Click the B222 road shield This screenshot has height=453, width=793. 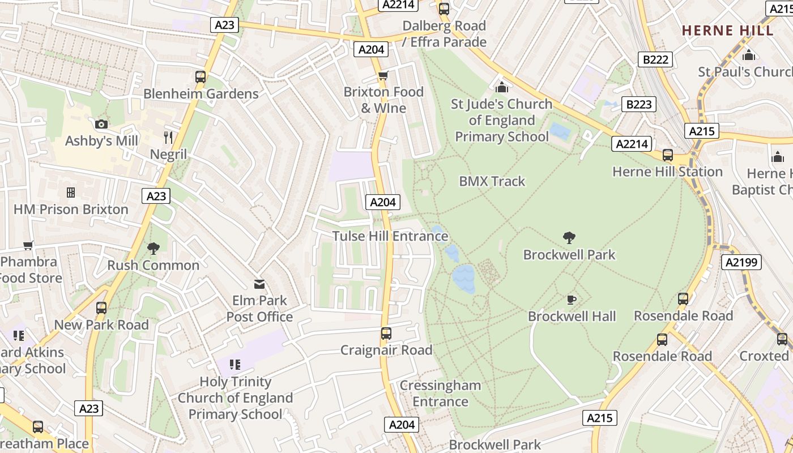[x=656, y=59]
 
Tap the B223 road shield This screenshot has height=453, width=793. [x=638, y=104]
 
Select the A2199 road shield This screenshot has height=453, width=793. [x=741, y=262]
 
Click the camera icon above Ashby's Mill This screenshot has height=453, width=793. [x=101, y=124]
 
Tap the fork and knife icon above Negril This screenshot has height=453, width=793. [x=168, y=138]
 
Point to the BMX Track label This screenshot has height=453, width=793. [x=492, y=181]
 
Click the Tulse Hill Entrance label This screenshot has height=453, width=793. [x=390, y=236]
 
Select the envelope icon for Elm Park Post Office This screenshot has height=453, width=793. [x=259, y=284]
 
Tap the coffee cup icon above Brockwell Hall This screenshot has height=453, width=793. [x=572, y=300]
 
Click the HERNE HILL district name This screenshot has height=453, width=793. [x=727, y=31]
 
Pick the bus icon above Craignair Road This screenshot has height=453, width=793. [x=386, y=334]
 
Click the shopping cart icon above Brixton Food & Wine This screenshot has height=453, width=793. [x=383, y=76]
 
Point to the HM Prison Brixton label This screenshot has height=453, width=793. [x=71, y=210]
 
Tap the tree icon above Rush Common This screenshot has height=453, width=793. [x=153, y=248]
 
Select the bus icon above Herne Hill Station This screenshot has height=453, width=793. [x=668, y=155]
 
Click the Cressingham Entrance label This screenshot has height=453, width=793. [x=440, y=393]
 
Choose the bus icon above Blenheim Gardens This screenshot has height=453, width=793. [x=200, y=77]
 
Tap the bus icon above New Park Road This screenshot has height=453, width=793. [x=101, y=308]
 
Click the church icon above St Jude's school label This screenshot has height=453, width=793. [x=501, y=87]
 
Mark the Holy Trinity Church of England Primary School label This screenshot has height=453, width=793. [x=235, y=398]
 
